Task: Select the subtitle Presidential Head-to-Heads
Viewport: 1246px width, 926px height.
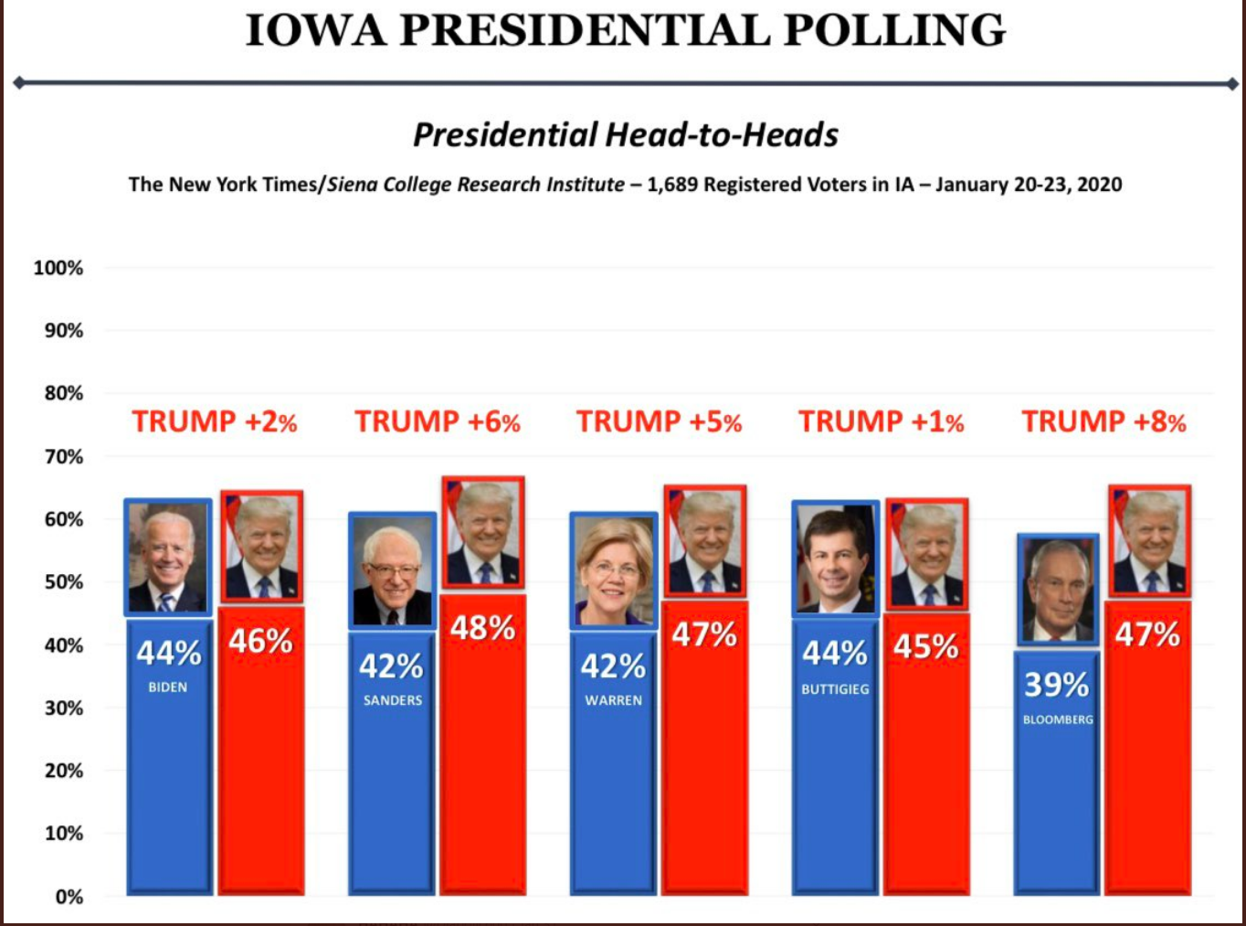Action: coord(626,135)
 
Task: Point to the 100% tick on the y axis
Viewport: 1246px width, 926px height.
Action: coord(58,268)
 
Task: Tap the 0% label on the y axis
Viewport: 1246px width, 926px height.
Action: coord(69,897)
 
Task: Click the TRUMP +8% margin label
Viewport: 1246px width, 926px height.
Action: coord(1103,421)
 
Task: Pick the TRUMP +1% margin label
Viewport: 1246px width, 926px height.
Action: coord(881,421)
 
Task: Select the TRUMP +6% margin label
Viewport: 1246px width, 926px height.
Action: coord(437,421)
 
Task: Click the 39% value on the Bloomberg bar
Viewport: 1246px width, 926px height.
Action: coord(1056,685)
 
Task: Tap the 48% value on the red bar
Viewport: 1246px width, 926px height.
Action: coord(482,628)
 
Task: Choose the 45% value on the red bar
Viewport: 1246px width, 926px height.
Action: coord(926,646)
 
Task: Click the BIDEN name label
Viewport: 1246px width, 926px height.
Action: coord(168,687)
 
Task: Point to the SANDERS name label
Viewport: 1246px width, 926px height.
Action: coord(393,700)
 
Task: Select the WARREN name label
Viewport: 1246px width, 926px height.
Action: coord(614,700)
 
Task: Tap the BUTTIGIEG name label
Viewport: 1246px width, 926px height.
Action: coord(835,689)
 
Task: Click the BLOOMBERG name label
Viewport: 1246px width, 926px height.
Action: coord(1058,719)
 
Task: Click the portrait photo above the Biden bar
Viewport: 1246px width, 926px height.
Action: coord(168,558)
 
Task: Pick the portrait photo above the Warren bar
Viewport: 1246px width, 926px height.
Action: coord(614,570)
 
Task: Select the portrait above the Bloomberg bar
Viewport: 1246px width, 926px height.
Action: coord(1058,590)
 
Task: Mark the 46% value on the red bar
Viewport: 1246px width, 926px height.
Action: coord(260,641)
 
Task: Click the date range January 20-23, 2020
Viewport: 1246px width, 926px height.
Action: coord(1029,185)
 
